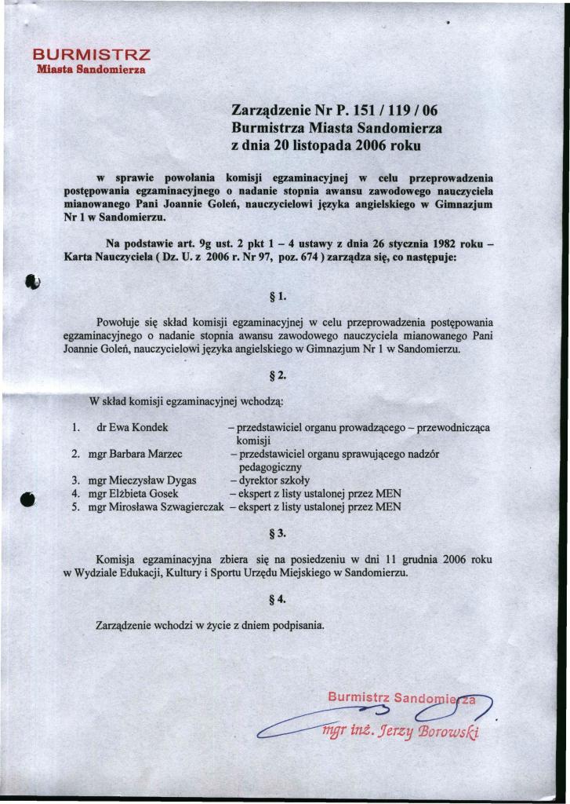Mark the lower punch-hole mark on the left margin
29,499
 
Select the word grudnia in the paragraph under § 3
416,560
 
